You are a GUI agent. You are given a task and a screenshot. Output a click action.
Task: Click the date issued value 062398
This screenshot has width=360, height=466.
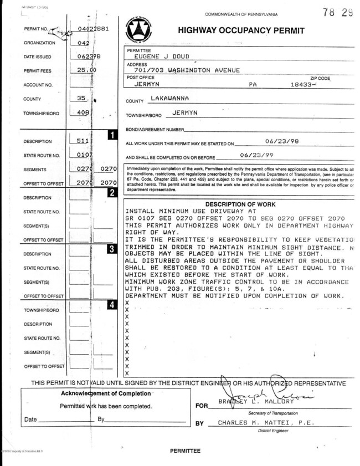(x=89, y=56)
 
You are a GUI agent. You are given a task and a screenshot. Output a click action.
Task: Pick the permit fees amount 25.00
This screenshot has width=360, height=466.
(x=86, y=70)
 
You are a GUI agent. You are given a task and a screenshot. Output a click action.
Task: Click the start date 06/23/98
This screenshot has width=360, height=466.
(x=282, y=142)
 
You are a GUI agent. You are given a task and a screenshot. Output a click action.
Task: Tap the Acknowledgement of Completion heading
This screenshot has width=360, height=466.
(x=105, y=393)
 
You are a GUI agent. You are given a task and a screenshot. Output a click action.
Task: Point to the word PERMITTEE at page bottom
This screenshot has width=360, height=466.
(x=186, y=451)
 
